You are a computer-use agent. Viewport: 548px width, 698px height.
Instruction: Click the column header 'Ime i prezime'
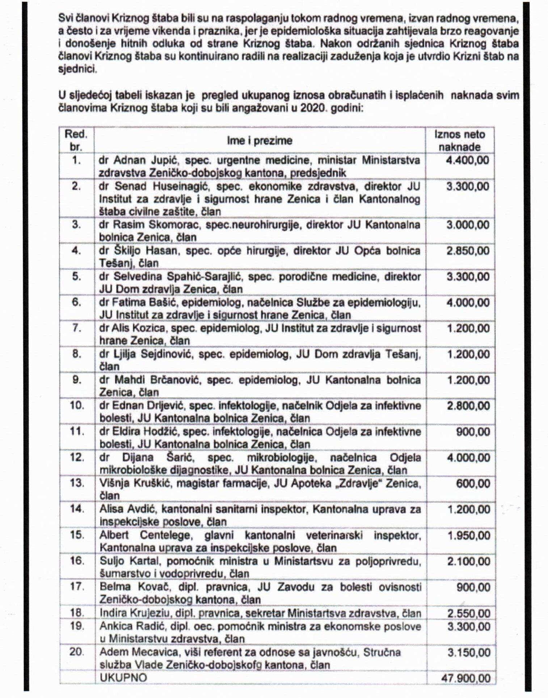(x=260, y=141)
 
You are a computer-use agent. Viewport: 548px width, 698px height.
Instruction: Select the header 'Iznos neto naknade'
(x=460, y=141)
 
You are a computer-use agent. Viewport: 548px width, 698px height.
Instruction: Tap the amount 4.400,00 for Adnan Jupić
(x=467, y=160)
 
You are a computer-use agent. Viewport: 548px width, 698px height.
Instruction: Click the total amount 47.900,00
(x=466, y=678)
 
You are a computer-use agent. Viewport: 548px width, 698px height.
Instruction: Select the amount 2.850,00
(x=468, y=251)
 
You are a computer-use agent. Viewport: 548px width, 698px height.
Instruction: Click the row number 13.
(x=77, y=483)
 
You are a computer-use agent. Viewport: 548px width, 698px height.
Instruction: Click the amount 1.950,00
(x=469, y=535)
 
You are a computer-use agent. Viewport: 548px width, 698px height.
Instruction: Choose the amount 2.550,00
(x=469, y=613)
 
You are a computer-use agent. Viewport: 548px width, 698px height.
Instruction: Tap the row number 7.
(x=77, y=328)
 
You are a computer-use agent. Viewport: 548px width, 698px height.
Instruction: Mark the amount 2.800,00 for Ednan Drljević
(x=468, y=406)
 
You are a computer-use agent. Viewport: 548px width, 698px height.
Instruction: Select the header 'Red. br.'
(x=76, y=141)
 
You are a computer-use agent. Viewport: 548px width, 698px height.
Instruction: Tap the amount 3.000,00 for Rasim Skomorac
(x=468, y=225)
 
